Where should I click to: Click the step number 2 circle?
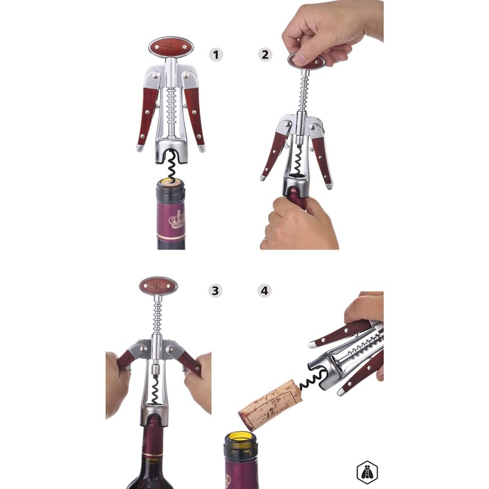(265, 54)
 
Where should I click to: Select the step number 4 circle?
(265, 290)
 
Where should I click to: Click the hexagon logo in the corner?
(367, 472)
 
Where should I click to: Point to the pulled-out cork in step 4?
(270, 403)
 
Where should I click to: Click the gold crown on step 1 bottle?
(177, 219)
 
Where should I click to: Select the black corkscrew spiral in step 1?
(171, 164)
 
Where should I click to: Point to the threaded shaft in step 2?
(302, 92)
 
